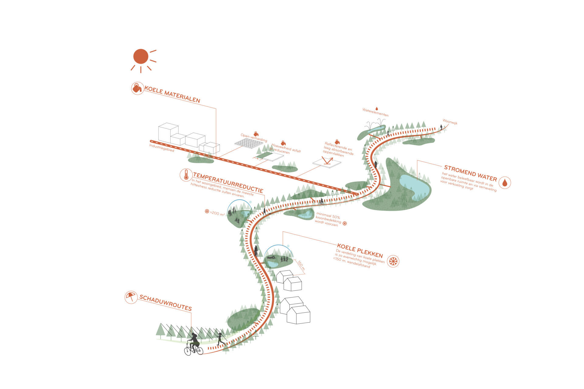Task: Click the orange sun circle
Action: point(141,57)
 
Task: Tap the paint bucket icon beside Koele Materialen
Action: point(137,88)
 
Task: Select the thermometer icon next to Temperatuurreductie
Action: point(186,175)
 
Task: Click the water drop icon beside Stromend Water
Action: point(505,182)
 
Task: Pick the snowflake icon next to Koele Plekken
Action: point(393,261)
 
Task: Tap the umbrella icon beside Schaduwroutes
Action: point(131,297)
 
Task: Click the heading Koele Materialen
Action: point(172,95)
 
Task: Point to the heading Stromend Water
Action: point(470,173)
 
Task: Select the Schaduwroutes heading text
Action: point(165,303)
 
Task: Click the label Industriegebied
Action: point(162,148)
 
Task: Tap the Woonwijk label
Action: point(450,122)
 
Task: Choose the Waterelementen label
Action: point(375,112)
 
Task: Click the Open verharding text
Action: point(254,138)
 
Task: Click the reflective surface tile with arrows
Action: point(327,161)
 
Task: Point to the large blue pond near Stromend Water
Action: point(414,186)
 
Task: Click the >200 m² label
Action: point(217,213)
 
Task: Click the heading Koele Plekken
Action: point(360,251)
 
